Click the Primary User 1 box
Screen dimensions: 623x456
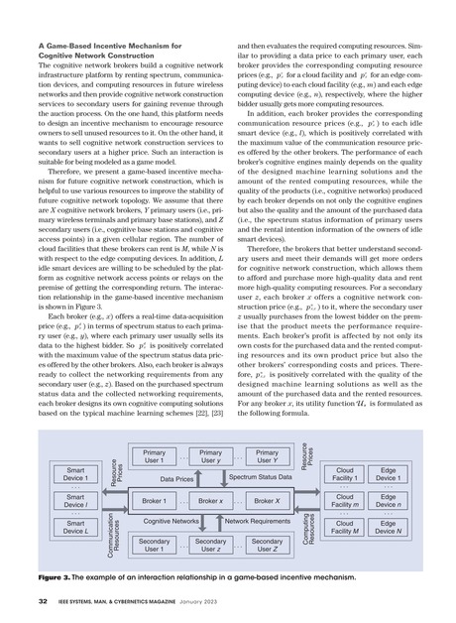154,458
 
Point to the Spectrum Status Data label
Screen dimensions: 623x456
254,478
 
